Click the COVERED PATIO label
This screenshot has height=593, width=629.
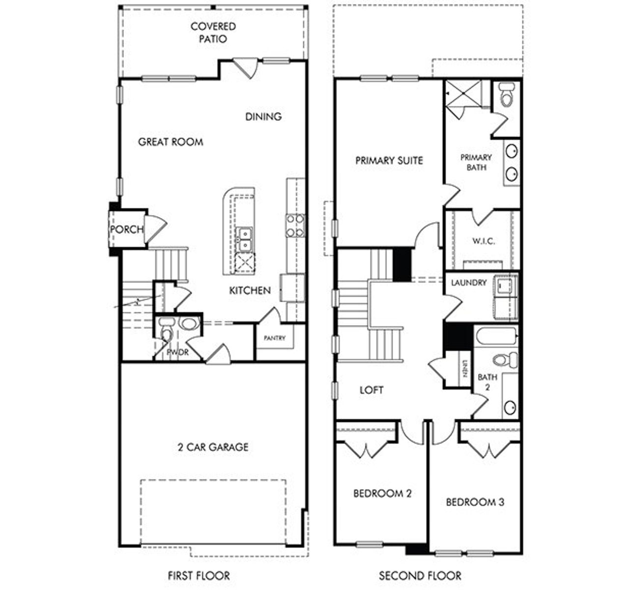pos(213,32)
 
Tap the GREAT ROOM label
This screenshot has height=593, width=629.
pos(171,142)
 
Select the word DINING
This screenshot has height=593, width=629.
pos(263,116)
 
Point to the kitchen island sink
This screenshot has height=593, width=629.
pos(244,238)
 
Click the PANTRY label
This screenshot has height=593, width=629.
pos(274,338)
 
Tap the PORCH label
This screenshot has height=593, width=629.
pos(127,229)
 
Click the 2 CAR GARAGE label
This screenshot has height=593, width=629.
pos(213,447)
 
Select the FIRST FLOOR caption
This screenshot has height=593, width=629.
pos(199,575)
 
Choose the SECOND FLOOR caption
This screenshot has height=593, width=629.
pos(420,575)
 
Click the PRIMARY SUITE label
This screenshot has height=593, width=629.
pos(389,161)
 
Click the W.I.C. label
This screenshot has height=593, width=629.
pos(484,241)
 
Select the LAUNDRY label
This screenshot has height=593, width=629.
pos(469,283)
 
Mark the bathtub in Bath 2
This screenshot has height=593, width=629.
pos(496,337)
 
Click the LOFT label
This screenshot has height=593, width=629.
pos(372,390)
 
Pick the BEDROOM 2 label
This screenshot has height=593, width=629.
pos(382,493)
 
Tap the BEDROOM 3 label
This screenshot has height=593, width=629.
pos(475,502)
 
